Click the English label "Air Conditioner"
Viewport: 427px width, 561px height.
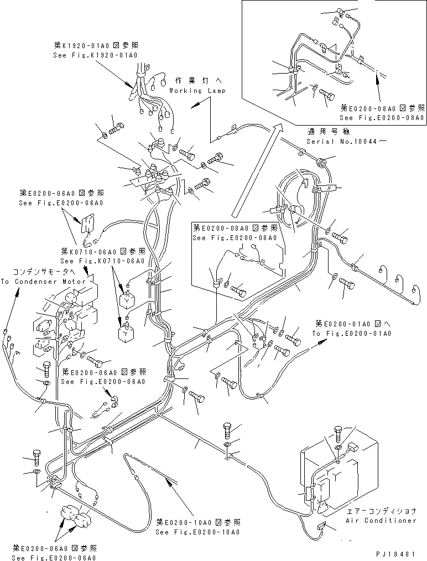[381, 521]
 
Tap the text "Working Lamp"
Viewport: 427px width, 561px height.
[197, 91]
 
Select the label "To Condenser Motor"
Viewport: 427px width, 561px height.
[43, 282]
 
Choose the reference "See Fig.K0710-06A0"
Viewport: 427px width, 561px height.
[102, 261]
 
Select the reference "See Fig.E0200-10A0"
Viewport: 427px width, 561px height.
[198, 532]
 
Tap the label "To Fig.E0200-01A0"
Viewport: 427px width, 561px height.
[351, 334]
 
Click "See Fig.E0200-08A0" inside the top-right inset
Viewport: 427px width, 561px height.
[382, 118]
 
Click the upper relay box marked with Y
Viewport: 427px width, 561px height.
[127, 299]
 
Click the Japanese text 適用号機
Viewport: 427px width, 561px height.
[327, 133]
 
